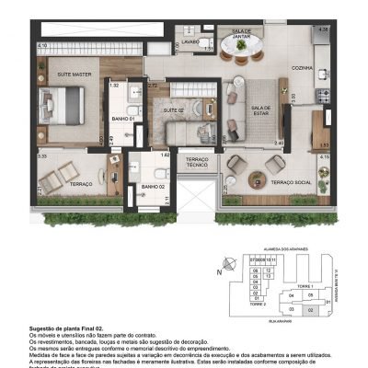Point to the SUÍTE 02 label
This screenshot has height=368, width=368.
(175, 110)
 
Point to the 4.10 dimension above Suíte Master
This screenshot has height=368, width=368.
(42, 44)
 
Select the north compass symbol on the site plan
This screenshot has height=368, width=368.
(219, 270)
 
